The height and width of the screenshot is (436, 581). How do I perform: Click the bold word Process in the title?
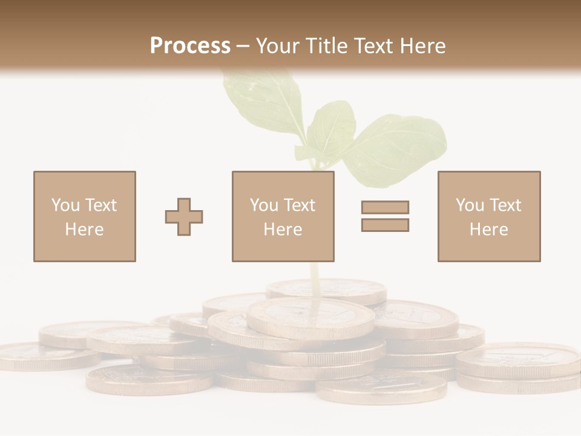click(x=190, y=46)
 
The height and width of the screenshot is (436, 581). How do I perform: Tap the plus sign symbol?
click(x=184, y=217)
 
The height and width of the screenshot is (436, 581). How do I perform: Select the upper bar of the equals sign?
click(x=385, y=207)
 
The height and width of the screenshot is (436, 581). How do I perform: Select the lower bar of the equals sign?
click(x=385, y=225)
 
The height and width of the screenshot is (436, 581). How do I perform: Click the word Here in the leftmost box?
click(x=84, y=230)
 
